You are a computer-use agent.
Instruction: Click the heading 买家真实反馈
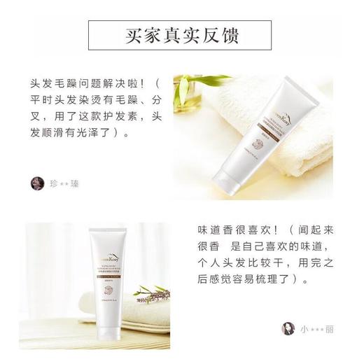click(x=182, y=34)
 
